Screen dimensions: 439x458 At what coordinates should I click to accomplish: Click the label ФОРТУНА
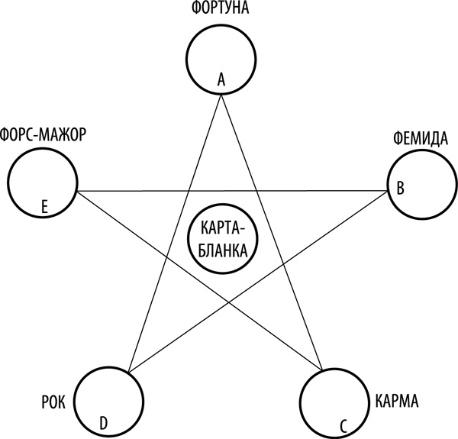point(220,10)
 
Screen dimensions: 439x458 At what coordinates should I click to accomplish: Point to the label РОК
point(50,399)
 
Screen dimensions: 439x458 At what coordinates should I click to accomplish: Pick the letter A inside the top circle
point(221,79)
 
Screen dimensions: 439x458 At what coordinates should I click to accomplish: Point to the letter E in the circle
point(45,205)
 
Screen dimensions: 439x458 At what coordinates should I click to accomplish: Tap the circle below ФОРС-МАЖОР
point(41,182)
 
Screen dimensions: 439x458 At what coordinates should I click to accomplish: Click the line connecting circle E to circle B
point(153,191)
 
